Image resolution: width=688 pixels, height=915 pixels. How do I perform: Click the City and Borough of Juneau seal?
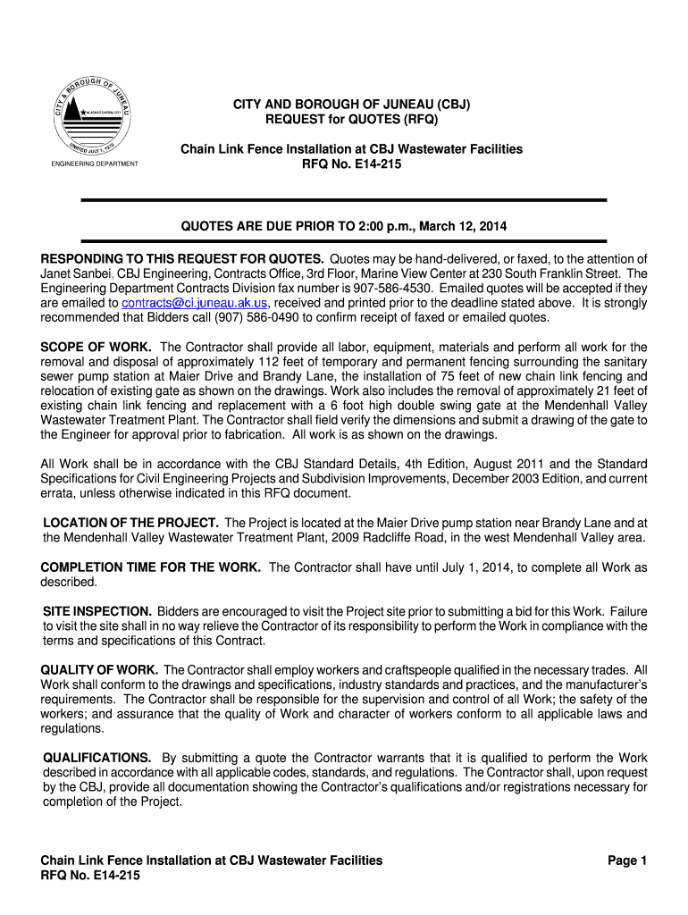pos(95,112)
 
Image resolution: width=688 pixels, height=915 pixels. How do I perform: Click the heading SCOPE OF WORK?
pos(96,347)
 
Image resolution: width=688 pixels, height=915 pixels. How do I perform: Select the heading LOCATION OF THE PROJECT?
pos(131,522)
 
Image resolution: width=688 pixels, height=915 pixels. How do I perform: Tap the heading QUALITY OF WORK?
pos(100,669)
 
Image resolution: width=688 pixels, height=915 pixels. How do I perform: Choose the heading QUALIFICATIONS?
pos(97,757)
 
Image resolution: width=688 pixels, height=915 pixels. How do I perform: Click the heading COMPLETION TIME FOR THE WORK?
pos(151,567)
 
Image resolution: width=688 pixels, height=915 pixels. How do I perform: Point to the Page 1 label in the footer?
pos(626,860)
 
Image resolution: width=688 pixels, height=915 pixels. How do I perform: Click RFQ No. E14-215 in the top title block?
pos(351,164)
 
